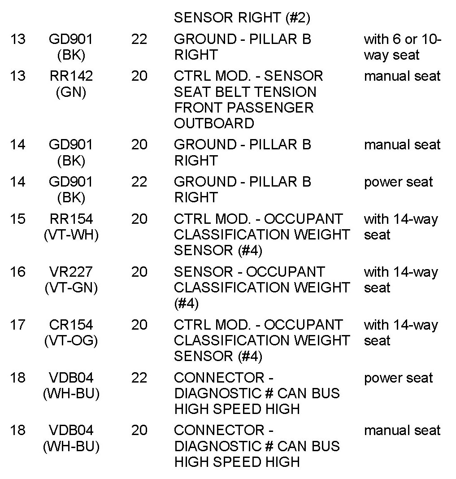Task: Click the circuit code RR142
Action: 71,76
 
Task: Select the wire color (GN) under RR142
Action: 71,92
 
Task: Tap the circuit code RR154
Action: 71,219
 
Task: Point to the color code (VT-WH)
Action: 71,235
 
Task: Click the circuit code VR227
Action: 71,272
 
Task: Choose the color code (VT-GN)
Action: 71,288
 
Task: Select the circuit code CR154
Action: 71,325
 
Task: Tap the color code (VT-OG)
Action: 71,341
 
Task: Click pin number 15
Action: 17,219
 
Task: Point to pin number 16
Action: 17,272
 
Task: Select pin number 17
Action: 17,325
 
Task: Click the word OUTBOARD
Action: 214,123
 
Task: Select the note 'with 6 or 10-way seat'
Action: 402,47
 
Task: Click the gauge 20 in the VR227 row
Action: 139,272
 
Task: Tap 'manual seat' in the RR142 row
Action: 402,76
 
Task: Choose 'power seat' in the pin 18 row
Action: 398,378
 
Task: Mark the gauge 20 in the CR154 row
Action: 139,325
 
